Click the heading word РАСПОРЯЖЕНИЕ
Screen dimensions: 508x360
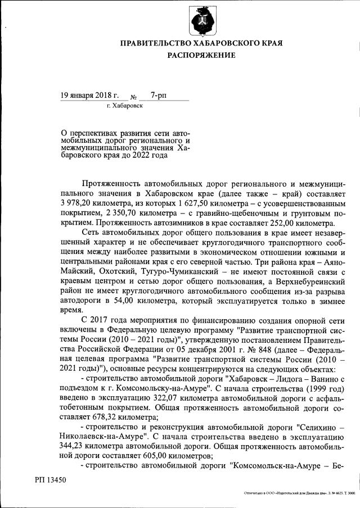click(201, 55)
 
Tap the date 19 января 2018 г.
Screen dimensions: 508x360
click(90, 96)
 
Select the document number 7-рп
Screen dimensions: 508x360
click(151, 96)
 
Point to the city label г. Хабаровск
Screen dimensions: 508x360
click(124, 106)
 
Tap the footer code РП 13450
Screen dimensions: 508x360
click(51, 481)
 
